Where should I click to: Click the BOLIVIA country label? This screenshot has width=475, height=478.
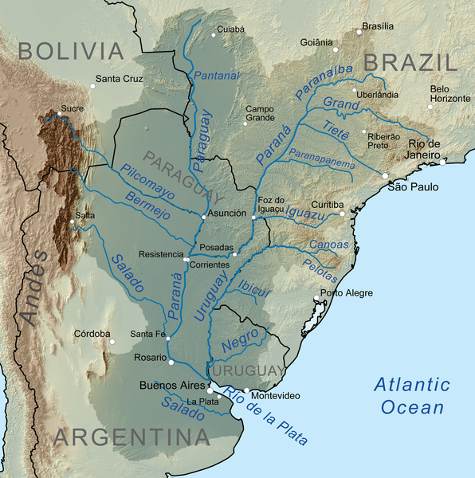(x=72, y=51)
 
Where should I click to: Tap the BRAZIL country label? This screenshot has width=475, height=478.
(x=410, y=61)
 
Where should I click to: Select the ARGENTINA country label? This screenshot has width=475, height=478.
(x=132, y=437)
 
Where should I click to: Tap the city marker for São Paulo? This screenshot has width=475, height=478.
(x=385, y=176)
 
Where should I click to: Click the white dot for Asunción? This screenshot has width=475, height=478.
(x=204, y=216)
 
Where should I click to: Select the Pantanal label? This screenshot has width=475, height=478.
(x=216, y=76)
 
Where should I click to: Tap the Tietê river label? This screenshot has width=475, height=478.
(x=336, y=131)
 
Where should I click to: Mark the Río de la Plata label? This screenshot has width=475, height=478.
(x=265, y=413)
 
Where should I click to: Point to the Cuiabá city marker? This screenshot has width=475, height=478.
(x=214, y=34)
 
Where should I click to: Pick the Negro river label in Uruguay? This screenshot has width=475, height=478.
(x=241, y=343)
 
